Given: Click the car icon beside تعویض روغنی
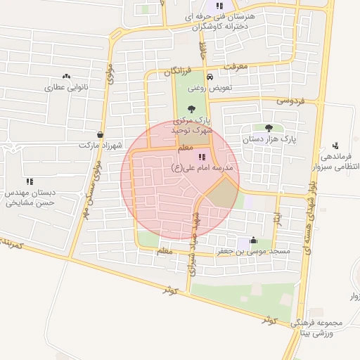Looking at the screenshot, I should [x=210, y=77].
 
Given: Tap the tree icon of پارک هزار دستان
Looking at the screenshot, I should [x=269, y=127].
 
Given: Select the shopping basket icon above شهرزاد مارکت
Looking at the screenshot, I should [x=101, y=134].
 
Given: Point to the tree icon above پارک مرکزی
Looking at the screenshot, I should [x=192, y=108].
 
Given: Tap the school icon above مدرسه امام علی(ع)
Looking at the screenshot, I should [x=202, y=157].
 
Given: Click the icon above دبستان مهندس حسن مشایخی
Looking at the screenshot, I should [x=30, y=181].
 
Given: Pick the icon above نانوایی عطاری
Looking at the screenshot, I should [x=67, y=77].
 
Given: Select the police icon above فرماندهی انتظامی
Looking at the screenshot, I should [x=335, y=147].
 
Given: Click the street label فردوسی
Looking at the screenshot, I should [x=290, y=101].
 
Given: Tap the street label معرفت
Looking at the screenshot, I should [x=235, y=67].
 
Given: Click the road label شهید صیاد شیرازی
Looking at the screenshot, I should [x=193, y=257].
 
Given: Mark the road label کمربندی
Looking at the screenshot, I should [x=12, y=244].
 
